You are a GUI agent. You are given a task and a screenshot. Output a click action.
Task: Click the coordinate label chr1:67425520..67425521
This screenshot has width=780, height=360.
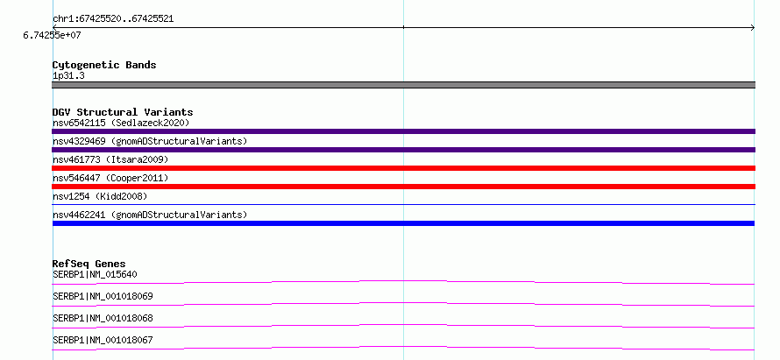[113, 19]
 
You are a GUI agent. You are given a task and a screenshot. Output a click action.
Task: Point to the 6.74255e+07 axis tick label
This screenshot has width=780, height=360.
[53, 36]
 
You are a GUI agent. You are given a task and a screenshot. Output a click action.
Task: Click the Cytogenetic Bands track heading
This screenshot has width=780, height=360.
[104, 65]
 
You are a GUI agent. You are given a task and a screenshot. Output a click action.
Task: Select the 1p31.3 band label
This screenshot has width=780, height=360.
[68, 76]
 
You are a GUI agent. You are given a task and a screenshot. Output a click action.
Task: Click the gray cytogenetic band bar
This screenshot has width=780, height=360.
[403, 85]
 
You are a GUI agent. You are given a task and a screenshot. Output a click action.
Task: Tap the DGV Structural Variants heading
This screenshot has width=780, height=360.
[123, 112]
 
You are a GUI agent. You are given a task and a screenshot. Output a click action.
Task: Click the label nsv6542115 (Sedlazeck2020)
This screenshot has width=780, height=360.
[121, 123]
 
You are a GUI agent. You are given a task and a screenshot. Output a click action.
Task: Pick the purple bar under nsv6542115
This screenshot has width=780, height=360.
[403, 131]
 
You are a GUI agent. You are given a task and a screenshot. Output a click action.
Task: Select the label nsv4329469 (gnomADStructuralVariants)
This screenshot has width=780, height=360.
[150, 141]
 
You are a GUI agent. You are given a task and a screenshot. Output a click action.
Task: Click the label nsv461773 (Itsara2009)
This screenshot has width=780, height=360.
[110, 159]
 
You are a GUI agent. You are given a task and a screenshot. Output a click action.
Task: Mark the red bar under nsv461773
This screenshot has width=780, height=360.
[403, 168]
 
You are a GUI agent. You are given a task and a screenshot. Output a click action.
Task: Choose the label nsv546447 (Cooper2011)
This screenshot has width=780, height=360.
[110, 178]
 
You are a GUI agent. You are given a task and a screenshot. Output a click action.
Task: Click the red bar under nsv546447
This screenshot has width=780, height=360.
[403, 187]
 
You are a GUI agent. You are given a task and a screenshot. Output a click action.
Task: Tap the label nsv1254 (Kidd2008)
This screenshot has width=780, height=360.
[100, 196]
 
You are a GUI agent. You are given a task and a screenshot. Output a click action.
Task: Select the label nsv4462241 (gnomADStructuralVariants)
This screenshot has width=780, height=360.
[150, 215]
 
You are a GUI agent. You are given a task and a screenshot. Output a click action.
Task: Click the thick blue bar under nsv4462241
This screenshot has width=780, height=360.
[403, 223]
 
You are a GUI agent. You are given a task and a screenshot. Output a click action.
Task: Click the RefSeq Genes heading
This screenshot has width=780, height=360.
[89, 264]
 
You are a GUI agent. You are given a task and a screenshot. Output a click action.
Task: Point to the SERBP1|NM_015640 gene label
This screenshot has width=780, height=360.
[95, 274]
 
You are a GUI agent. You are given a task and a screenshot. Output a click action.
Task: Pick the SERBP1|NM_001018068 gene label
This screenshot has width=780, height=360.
[103, 318]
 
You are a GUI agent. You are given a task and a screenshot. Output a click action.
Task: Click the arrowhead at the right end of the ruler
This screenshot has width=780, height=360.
[753, 28]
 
